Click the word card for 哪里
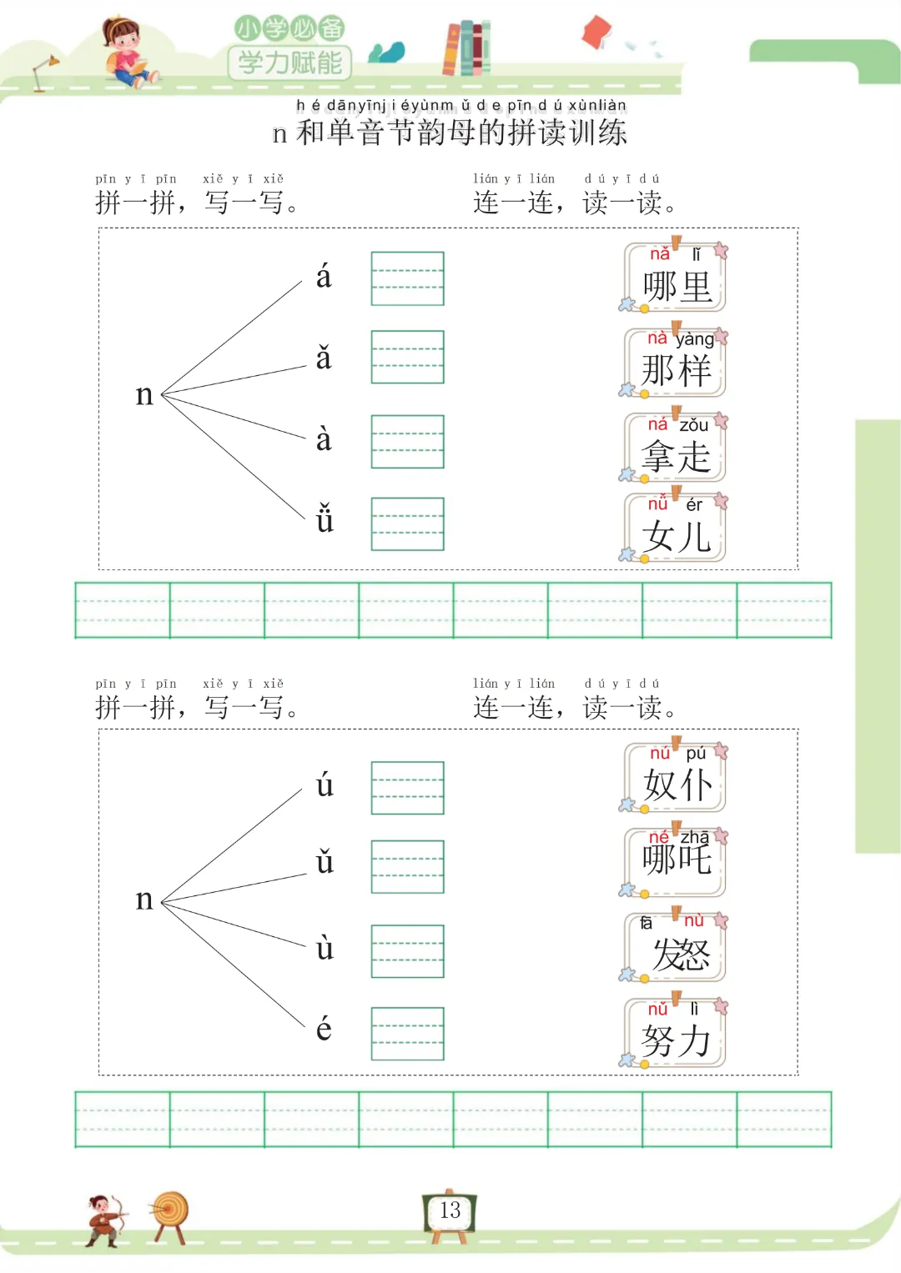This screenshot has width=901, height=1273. [x=675, y=278]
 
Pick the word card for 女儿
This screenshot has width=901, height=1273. [x=675, y=529]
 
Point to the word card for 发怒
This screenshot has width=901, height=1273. [x=675, y=947]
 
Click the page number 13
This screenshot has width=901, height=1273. [x=450, y=1210]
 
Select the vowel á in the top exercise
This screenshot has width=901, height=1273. [x=324, y=277]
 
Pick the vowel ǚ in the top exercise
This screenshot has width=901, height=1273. [x=325, y=519]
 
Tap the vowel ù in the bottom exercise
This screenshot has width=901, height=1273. [x=325, y=948]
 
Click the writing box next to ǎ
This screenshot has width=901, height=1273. [x=407, y=358]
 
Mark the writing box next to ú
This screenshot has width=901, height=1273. [x=407, y=788]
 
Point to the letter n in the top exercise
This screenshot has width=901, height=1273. [x=144, y=394]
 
